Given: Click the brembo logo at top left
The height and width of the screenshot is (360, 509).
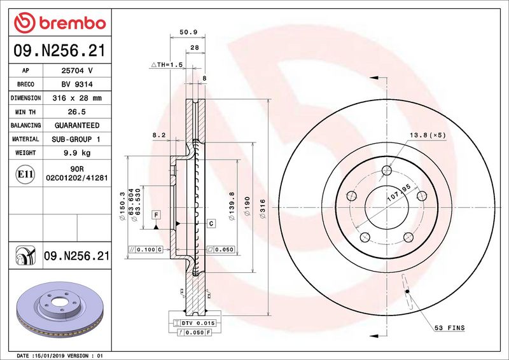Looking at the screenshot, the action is coord(60,23).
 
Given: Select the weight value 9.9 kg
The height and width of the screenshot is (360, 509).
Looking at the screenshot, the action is coord(77,153).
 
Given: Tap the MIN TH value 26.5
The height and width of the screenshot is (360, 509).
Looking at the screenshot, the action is coord(76,112).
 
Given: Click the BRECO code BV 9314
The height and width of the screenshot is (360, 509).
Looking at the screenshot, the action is coord(77,85).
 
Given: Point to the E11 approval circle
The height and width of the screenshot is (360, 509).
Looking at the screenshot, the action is coord(25,174).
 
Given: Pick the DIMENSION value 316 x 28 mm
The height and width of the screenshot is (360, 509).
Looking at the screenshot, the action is coord(77,98).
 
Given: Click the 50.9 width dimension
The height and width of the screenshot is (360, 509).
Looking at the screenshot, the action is coord(188,32).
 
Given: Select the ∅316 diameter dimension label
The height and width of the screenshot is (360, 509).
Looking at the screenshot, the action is coord(262,209).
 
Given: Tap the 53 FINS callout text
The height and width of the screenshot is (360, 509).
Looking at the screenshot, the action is coord(450,328).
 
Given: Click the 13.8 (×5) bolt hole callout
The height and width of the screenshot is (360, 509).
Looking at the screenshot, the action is coord(428,135).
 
